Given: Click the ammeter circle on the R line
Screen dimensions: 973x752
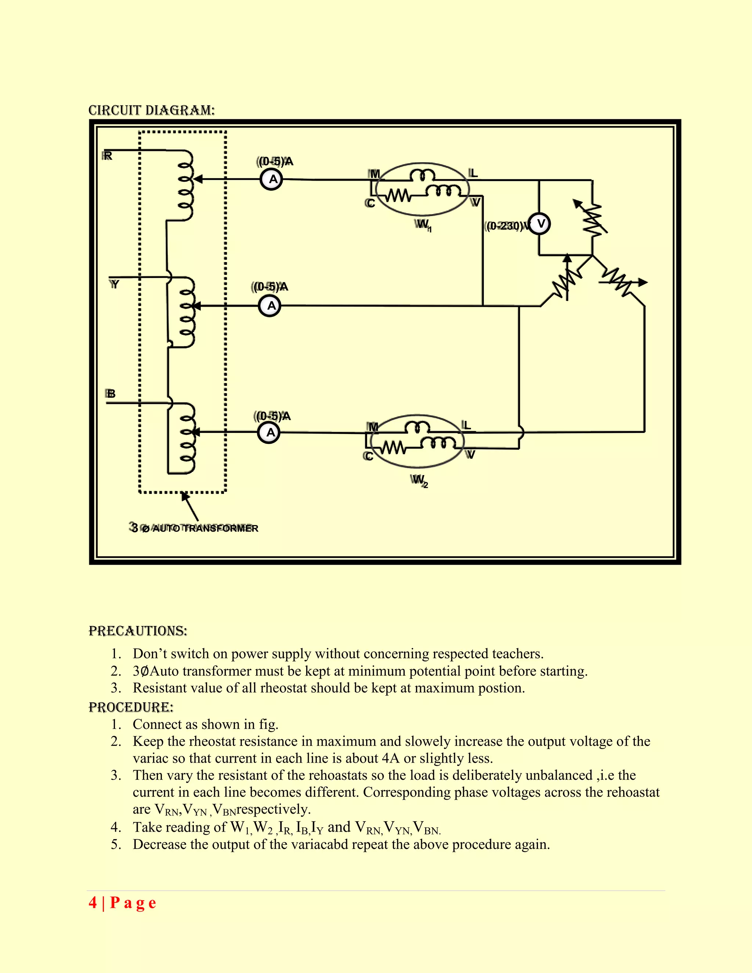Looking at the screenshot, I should click(x=271, y=180).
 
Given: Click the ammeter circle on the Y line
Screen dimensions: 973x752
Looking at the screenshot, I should click(x=270, y=306).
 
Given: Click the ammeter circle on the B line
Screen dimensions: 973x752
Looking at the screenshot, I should click(x=269, y=433).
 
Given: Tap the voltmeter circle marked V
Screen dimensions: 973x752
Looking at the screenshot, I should click(x=540, y=224).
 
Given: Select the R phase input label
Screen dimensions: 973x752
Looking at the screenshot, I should click(x=107, y=156).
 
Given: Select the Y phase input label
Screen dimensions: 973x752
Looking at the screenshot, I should click(x=115, y=284).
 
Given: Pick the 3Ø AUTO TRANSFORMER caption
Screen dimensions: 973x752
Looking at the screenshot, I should click(x=194, y=528).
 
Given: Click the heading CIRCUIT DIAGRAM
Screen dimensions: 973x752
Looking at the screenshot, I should click(x=152, y=111).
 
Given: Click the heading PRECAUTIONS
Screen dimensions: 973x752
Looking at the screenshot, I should click(x=138, y=631).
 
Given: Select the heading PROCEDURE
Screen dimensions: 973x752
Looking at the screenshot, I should click(x=131, y=708).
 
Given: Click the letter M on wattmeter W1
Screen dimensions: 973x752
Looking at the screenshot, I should click(x=375, y=174).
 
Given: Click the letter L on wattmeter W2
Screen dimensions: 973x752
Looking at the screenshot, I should click(x=466, y=425).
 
